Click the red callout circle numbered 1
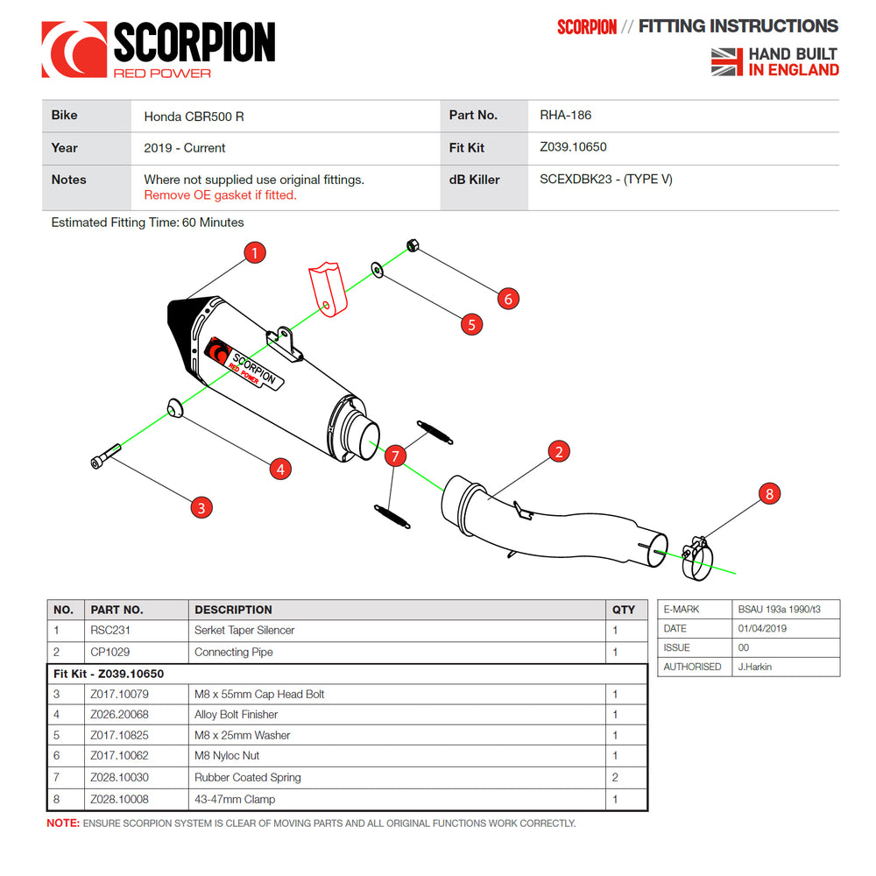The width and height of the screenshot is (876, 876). pos(254,253)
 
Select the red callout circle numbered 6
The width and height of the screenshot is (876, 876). pos(508,299)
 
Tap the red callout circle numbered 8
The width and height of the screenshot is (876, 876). pos(769,494)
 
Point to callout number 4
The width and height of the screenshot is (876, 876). pos(279,469)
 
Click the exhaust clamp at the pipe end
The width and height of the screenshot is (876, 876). pos(698,558)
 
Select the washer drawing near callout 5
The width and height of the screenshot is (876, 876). pos(377,268)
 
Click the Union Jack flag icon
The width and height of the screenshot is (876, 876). pos(726,62)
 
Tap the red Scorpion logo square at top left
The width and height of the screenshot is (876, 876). pos(74,49)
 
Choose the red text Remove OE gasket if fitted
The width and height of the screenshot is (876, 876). pos(220,195)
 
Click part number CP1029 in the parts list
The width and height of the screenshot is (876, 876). pos(109,652)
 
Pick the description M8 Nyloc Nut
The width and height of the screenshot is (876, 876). pos(227,755)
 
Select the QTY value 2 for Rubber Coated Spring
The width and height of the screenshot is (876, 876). pos(615,777)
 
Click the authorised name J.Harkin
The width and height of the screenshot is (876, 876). pos(756,667)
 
